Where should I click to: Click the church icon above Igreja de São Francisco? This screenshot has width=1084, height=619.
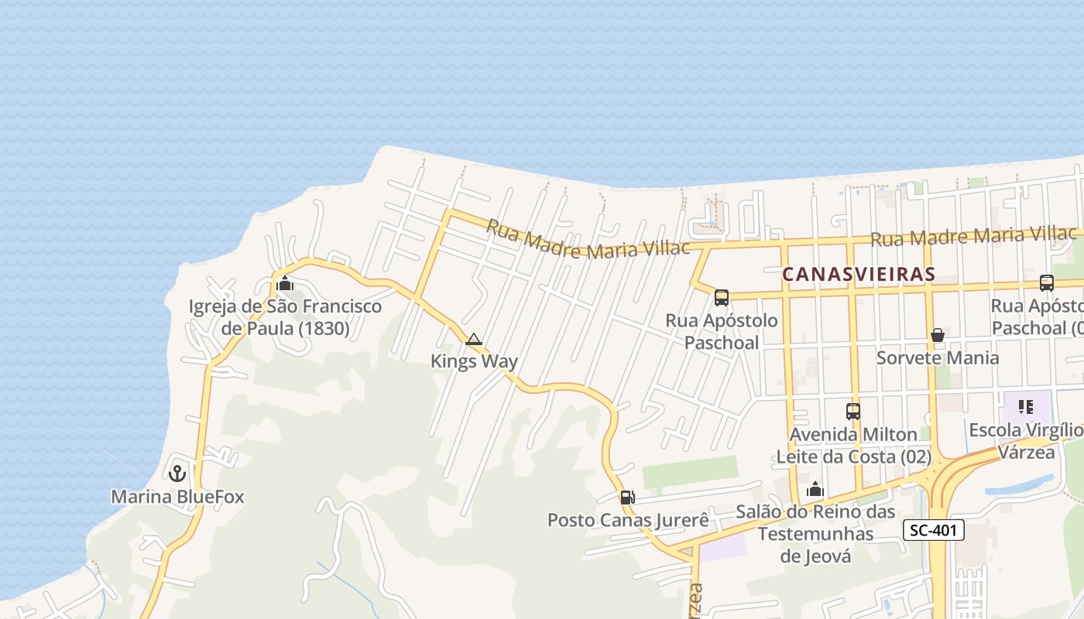coord(285,283)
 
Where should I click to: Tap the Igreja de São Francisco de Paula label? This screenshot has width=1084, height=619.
coord(285,317)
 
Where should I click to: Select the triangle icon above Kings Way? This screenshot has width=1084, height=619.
coord(474,339)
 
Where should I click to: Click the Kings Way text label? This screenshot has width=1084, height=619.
coord(474,361)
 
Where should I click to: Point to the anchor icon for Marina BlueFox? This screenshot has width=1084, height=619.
coord(177,472)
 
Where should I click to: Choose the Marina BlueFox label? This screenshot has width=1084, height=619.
coord(177,497)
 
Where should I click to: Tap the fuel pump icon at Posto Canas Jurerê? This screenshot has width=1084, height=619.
coord(627,498)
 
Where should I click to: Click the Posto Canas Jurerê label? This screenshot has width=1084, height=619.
coord(627,520)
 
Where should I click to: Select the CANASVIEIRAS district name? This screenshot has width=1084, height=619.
coord(859,274)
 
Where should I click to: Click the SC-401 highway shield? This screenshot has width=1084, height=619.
coord(933,530)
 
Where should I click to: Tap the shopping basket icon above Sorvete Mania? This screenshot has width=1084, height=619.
coord(937,335)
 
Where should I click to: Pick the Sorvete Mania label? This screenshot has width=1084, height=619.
coord(937,357)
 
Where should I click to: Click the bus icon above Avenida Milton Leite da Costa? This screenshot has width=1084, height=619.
coord(852,412)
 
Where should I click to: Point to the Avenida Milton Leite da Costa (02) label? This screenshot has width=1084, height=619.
coord(853,446)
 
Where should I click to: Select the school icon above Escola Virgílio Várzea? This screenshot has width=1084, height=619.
coord(1026,407)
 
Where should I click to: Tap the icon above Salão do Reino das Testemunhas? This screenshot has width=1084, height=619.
coord(815,489)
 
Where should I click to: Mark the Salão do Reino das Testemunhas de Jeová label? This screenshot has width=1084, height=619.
coord(815,534)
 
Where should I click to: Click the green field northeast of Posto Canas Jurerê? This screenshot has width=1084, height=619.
coord(690,472)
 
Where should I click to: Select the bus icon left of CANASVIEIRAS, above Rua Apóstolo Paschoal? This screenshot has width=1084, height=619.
coord(721,297)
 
